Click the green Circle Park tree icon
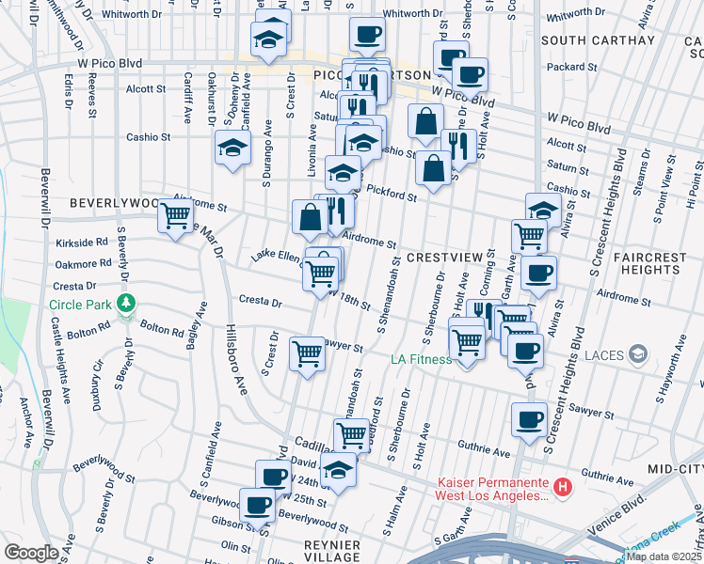pyautogui.click(x=122, y=305)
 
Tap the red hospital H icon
pyautogui.click(x=562, y=487)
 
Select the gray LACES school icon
pyautogui.click(x=638, y=353)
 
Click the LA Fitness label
pyautogui.click(x=427, y=358)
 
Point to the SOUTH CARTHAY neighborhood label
pyautogui.click(x=598, y=40)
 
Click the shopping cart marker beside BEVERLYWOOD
pyautogui.click(x=175, y=215)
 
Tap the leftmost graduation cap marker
pyautogui.click(x=232, y=148)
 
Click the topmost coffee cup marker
pyautogui.click(x=366, y=34)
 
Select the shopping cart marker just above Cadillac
pyautogui.click(x=351, y=434)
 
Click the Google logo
pyautogui.click(x=31, y=552)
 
